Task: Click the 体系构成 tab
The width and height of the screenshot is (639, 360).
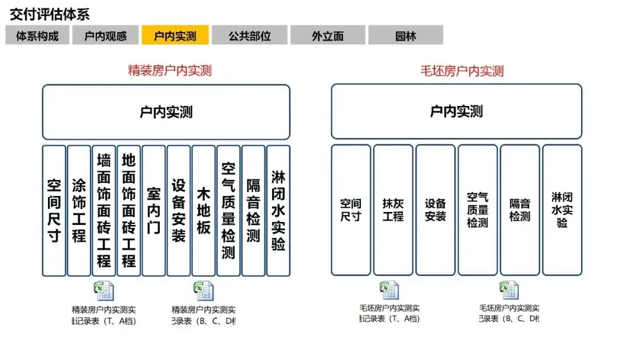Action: (x=37, y=36)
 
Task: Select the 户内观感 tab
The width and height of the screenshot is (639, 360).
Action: (x=106, y=36)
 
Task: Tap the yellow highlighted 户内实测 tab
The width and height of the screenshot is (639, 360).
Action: (x=175, y=36)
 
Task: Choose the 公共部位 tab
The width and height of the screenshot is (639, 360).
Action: (x=249, y=36)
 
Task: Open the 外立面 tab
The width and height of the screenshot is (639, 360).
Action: (x=327, y=36)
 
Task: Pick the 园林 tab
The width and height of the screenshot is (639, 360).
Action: (x=405, y=36)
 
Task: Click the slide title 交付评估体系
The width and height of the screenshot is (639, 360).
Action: (x=50, y=15)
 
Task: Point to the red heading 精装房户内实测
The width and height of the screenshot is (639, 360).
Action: (x=170, y=71)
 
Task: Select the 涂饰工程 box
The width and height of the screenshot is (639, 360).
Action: (x=79, y=211)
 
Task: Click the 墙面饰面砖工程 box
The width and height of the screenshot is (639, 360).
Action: (x=104, y=211)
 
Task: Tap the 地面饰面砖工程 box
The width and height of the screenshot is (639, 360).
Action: (x=128, y=211)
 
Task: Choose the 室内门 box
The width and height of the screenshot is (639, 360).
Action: (x=153, y=211)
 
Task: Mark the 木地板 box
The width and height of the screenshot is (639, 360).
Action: (x=204, y=211)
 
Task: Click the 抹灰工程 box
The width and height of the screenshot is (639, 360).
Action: (x=393, y=210)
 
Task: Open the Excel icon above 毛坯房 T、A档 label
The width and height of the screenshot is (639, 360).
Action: (x=389, y=290)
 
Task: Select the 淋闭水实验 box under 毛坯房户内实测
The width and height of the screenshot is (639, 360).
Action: (x=562, y=210)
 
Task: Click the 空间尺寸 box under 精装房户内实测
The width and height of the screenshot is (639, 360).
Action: (x=54, y=211)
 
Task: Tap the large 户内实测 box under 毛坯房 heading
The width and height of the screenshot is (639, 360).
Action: (x=456, y=111)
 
